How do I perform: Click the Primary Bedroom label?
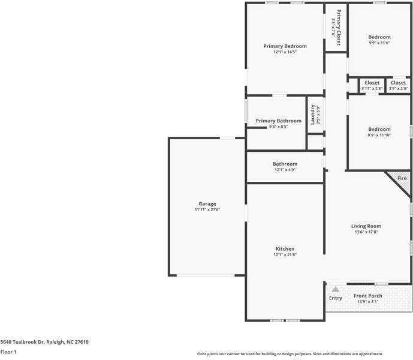[x=285, y=46]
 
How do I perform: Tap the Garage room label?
[x=207, y=204]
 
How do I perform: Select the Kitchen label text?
[x=285, y=248]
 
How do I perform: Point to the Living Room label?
[x=366, y=226]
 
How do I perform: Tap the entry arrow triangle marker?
[x=335, y=289]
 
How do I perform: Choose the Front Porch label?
[x=368, y=296]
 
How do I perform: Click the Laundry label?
[x=312, y=113]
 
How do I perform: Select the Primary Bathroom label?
[x=278, y=121]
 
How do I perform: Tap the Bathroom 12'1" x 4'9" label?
[x=285, y=164]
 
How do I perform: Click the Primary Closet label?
[x=339, y=28]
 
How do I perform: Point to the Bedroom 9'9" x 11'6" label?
[x=379, y=37]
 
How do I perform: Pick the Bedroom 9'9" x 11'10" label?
[x=379, y=129]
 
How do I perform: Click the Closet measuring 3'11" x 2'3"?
[x=372, y=83]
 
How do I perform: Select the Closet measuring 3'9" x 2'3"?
[x=398, y=83]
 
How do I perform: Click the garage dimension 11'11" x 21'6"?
[x=207, y=210]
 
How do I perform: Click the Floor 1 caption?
[x=8, y=352]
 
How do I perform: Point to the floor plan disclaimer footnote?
[x=290, y=354]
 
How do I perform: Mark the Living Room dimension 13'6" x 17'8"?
[x=366, y=232]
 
